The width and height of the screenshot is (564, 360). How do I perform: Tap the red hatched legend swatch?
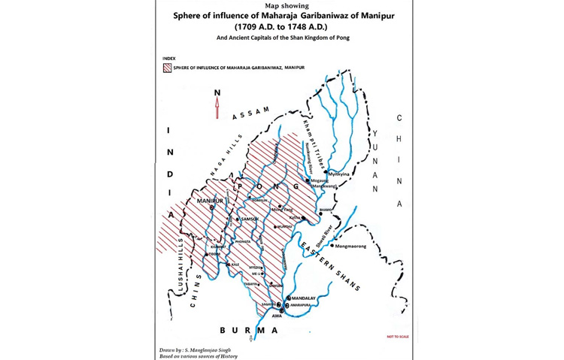click(166, 68)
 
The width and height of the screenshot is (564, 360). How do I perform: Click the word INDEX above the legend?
click(169, 58)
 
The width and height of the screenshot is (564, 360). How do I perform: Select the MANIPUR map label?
click(211, 201)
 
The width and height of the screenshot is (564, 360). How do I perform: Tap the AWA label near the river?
click(277, 316)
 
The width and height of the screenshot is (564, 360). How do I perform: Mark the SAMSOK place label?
click(249, 219)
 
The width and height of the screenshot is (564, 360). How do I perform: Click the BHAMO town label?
click(326, 210)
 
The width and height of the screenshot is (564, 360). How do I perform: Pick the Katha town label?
click(296, 217)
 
